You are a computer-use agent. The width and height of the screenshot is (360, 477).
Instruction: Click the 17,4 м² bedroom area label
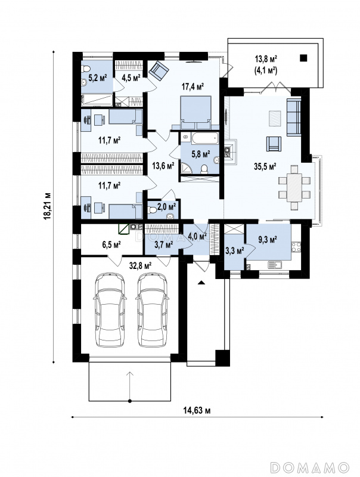193,86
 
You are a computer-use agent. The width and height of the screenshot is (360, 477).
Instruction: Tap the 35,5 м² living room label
265,166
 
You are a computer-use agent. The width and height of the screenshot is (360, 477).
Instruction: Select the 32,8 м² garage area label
141,266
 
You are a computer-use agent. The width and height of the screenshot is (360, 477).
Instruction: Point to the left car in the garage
110,309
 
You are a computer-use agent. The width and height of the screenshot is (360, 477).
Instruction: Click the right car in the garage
153,309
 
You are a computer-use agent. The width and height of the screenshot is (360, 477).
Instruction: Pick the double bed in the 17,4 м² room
195,113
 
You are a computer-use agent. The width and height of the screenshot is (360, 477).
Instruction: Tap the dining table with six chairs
294,187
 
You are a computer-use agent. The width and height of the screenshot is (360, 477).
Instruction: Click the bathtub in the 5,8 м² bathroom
204,138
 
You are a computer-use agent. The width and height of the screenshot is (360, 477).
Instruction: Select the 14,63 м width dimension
197,410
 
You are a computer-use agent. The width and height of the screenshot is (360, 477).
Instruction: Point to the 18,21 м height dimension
47,206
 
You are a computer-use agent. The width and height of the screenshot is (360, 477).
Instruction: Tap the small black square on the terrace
303,58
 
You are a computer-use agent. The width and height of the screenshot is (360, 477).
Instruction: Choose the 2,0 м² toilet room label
167,207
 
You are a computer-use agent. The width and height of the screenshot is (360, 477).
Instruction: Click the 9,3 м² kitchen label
268,240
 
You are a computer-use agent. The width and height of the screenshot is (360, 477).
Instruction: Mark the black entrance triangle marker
201,283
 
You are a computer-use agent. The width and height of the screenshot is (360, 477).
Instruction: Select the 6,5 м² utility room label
111,244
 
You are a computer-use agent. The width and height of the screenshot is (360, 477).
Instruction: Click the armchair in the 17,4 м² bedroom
159,71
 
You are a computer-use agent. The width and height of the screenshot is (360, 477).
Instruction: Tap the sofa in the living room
294,116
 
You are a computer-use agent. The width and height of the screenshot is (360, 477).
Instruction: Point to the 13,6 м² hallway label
163,166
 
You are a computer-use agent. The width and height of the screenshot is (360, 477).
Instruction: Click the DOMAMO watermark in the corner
309,466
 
